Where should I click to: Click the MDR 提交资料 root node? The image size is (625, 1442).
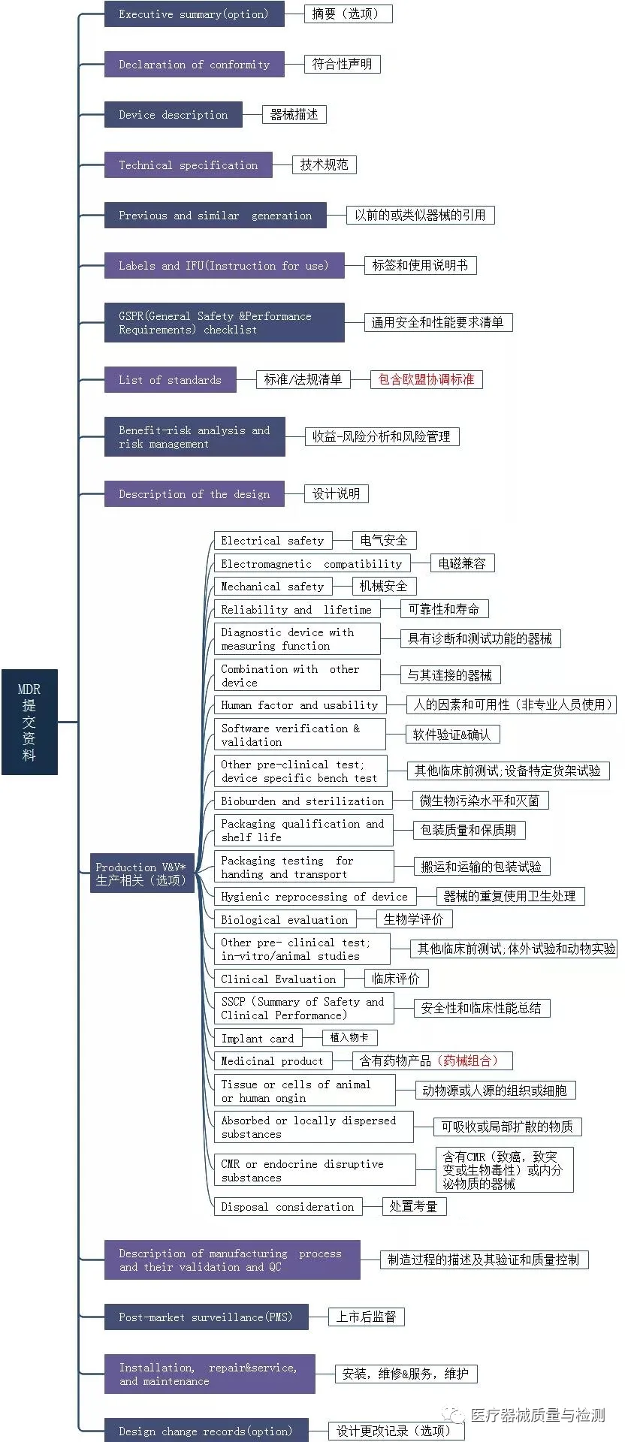click(x=29, y=721)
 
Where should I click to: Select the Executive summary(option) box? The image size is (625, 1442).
click(x=194, y=14)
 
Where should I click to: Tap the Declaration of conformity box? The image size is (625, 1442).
click(x=194, y=65)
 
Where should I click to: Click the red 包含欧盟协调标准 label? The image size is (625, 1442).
click(x=426, y=379)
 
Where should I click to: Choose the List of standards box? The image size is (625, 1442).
click(x=170, y=380)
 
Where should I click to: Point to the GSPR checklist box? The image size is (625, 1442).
click(x=224, y=323)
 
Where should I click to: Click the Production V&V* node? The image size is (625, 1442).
click(x=141, y=873)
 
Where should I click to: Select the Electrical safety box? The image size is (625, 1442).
click(x=272, y=541)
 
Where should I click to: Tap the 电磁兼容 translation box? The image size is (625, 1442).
click(x=462, y=563)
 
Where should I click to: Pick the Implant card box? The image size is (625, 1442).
click(x=258, y=1038)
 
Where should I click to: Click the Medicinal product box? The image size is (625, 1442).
click(x=272, y=1061)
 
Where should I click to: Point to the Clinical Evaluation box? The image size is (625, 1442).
click(x=278, y=979)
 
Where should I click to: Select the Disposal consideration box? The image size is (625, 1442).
click(x=287, y=1207)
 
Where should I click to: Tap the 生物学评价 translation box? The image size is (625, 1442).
click(x=414, y=919)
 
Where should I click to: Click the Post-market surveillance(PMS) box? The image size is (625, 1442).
click(x=206, y=1317)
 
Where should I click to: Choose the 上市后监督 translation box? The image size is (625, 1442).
click(x=366, y=1317)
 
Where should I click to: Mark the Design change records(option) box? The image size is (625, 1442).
click(x=206, y=1431)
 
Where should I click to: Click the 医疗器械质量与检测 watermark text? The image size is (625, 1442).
click(x=537, y=1415)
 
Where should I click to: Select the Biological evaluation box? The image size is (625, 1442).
click(x=284, y=919)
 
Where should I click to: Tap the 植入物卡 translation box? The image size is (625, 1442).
click(x=349, y=1037)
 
